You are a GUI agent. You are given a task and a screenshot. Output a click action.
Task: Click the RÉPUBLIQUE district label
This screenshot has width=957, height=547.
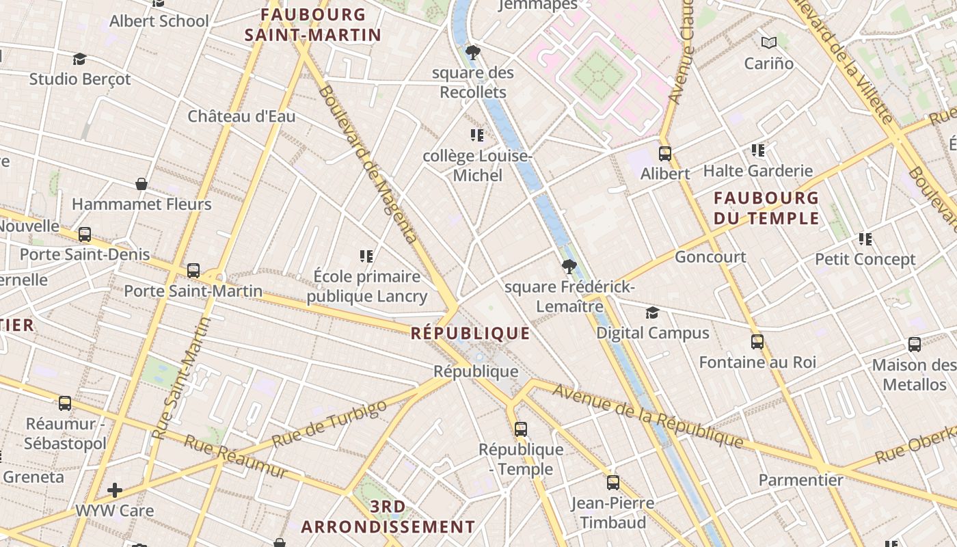(471, 333)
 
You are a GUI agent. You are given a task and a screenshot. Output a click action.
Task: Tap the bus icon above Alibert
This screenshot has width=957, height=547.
(664, 154)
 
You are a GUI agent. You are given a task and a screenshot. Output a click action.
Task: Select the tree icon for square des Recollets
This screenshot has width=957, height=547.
(472, 53)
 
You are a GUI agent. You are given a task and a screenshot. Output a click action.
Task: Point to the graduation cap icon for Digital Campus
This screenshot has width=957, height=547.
(652, 313)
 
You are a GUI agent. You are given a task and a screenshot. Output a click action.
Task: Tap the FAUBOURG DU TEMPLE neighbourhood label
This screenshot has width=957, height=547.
(766, 208)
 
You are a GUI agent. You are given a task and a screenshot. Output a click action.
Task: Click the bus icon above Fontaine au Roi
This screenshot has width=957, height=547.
(757, 342)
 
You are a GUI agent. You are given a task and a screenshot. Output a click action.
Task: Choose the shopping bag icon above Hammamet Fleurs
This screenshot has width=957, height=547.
(141, 184)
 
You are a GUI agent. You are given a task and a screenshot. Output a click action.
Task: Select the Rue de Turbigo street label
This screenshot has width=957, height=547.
(329, 424)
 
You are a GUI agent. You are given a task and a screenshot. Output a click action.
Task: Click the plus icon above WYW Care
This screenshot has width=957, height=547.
(114, 490)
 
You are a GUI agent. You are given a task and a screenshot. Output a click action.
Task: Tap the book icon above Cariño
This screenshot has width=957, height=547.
(769, 43)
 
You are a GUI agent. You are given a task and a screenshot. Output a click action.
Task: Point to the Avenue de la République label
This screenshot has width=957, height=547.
(647, 415)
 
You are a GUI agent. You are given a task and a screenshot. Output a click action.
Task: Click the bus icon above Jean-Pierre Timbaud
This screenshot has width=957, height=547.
(612, 483)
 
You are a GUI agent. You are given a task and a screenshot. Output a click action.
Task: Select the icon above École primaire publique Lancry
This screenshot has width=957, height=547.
(366, 256)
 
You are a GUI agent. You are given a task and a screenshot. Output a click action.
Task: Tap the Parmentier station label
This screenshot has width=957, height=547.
(800, 480)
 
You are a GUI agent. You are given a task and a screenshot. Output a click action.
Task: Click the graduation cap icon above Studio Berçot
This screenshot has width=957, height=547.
(80, 59)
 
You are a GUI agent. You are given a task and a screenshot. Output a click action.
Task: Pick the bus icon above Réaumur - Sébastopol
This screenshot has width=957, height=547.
(65, 403)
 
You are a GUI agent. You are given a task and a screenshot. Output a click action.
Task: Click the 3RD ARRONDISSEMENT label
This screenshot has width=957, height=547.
(388, 517)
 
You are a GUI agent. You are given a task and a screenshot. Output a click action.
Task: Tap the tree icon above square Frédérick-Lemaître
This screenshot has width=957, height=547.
(568, 267)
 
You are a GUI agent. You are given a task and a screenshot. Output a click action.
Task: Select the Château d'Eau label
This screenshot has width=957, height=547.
(241, 116)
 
